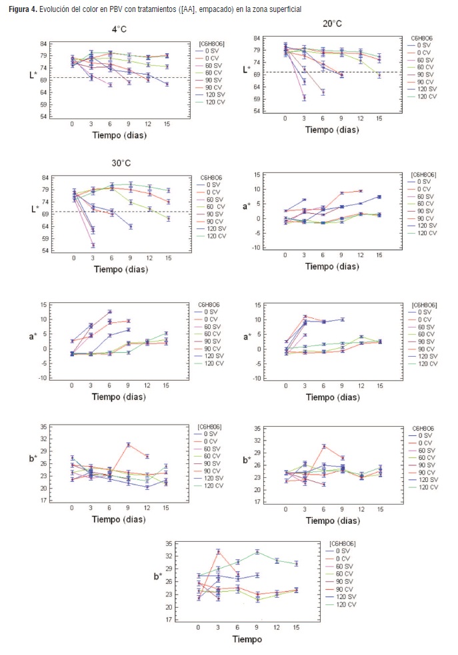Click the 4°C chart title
121,29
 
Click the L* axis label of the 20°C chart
246,69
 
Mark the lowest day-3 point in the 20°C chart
304,98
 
